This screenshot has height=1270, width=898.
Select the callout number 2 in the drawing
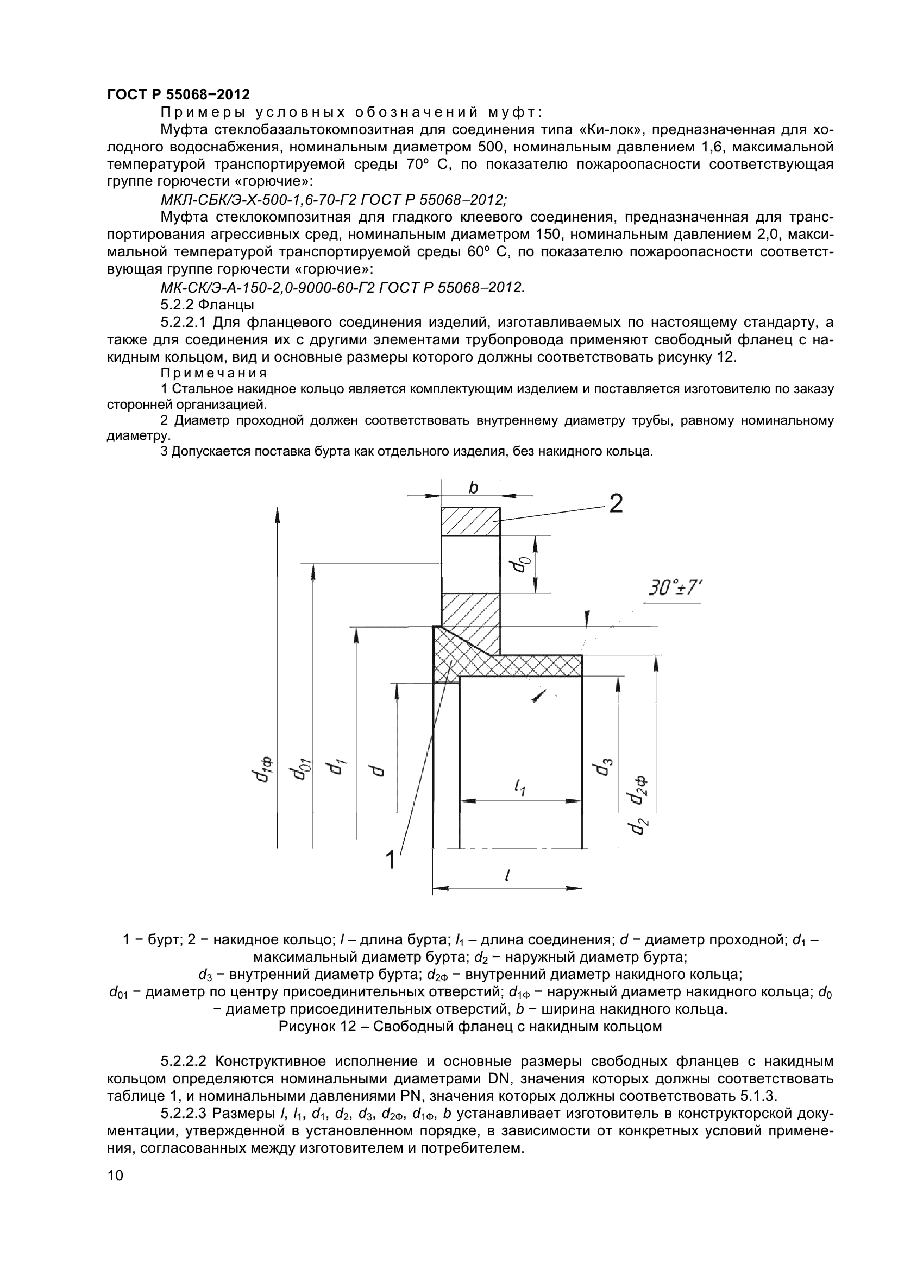click(x=616, y=503)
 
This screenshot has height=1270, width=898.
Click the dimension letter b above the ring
click(x=473, y=488)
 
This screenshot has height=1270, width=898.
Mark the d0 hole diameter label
click(x=520, y=565)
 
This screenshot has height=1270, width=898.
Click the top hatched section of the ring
click(x=470, y=521)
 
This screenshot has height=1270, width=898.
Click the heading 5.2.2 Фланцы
click(x=207, y=304)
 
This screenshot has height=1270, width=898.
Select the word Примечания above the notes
click(x=213, y=373)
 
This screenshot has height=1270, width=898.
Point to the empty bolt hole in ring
click(x=470, y=564)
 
